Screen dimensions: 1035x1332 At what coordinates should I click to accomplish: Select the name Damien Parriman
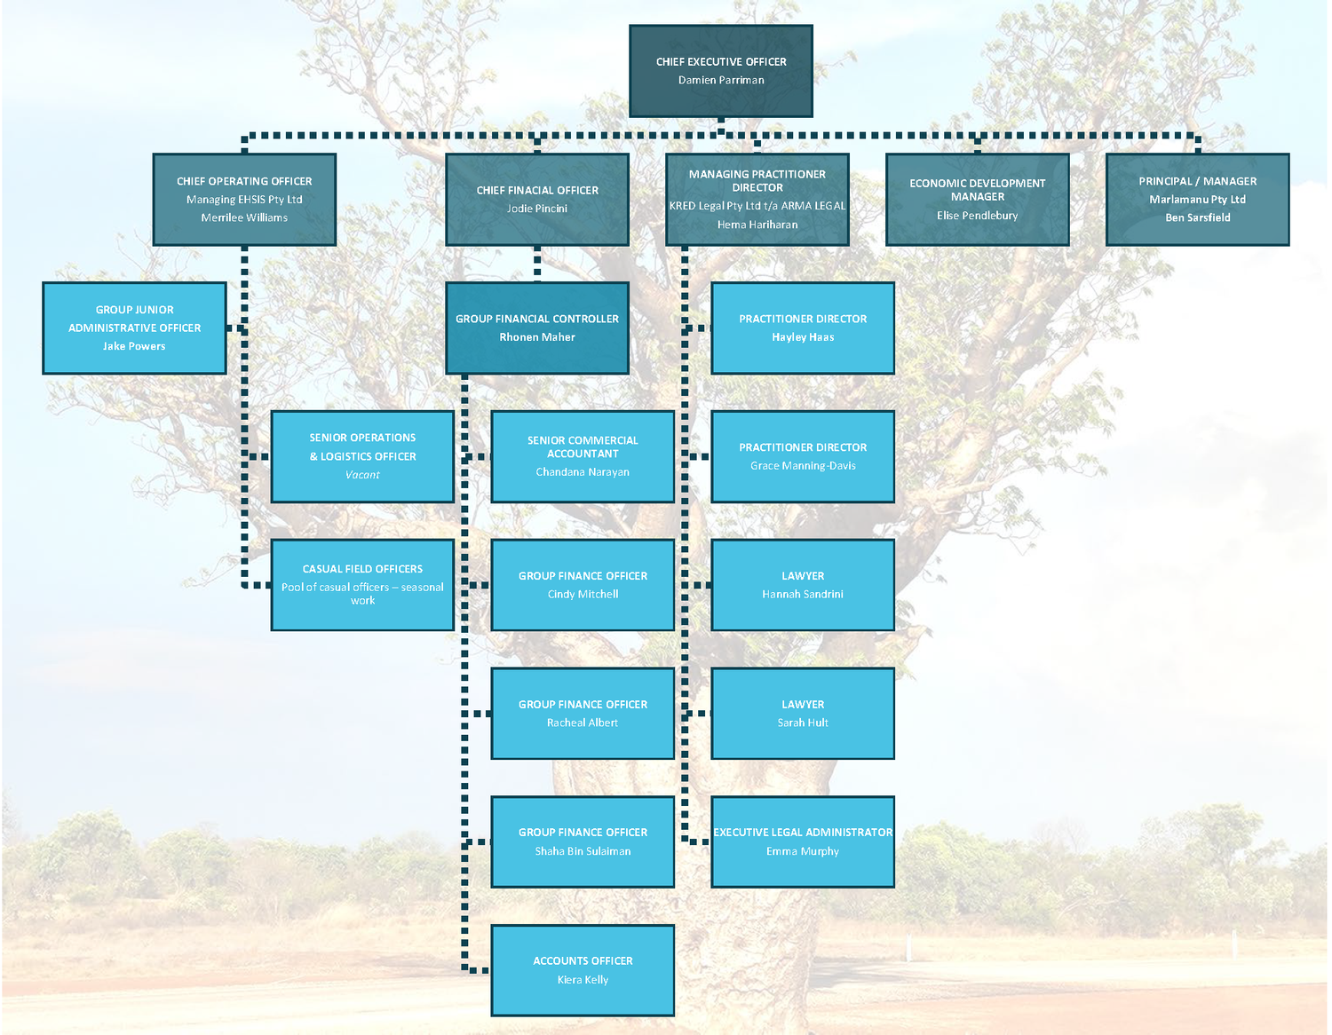point(720,80)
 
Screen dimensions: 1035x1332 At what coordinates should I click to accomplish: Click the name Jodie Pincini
point(536,209)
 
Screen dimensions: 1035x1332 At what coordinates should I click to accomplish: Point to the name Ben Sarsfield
point(1197,217)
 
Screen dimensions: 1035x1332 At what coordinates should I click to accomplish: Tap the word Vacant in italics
point(362,475)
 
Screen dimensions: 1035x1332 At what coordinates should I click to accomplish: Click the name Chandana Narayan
point(583,472)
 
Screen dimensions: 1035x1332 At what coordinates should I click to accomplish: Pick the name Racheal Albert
point(583,723)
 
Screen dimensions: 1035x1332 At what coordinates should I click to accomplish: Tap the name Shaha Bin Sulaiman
point(583,851)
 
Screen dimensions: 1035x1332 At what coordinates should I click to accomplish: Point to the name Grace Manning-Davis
point(803,466)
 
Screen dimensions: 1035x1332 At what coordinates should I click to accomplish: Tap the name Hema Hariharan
point(757,225)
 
